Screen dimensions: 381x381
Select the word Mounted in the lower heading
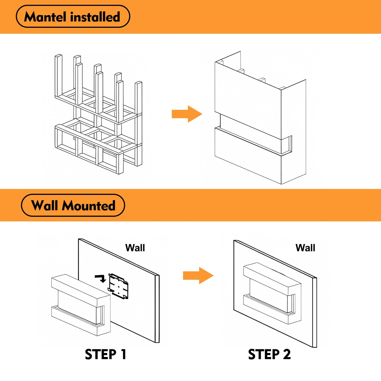click(89, 206)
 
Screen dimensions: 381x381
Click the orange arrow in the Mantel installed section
click(187, 114)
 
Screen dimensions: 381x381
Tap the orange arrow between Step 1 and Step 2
click(198, 276)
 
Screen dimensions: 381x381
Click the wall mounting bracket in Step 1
click(118, 286)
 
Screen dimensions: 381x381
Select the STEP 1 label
click(105, 354)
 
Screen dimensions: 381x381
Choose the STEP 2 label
click(269, 354)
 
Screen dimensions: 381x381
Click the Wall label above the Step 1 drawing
click(135, 248)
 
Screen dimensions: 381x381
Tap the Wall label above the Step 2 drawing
click(305, 248)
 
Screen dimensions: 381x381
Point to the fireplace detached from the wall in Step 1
click(80, 305)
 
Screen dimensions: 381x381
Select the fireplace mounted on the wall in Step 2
click(272, 293)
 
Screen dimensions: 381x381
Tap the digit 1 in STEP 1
click(123, 354)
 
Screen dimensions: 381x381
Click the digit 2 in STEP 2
click(287, 354)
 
